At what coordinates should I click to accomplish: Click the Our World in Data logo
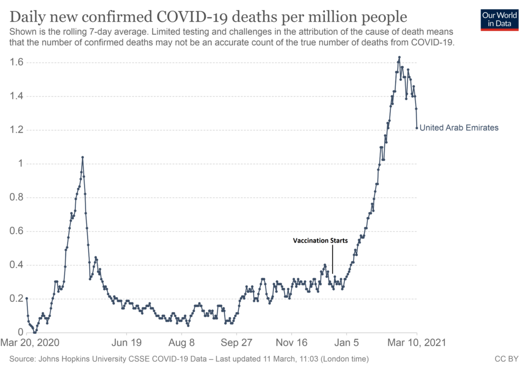pos(499,19)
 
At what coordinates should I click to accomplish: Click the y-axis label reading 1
pos(20,164)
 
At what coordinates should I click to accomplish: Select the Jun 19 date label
pos(126,343)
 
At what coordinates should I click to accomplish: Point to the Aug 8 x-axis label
pos(181,343)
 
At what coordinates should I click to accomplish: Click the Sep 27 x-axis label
pos(236,343)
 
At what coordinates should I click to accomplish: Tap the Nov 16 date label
pos(291,343)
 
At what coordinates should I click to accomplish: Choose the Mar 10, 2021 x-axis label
pos(417,343)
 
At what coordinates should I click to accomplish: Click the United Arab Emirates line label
pos(459,128)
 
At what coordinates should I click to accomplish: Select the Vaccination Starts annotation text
pos(320,240)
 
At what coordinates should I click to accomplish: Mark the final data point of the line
pos(417,128)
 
